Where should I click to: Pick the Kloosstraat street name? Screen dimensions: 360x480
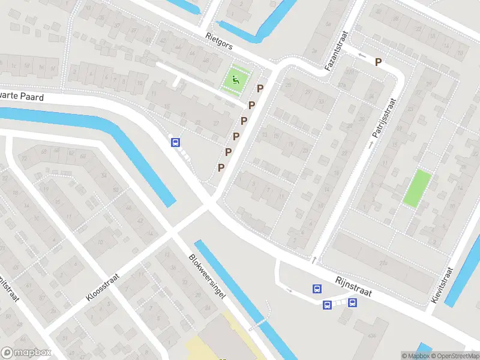click(x=103, y=287)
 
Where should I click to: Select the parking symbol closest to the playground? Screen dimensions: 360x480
click(x=260, y=89)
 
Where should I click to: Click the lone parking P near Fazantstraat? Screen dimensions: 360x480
click(x=378, y=62)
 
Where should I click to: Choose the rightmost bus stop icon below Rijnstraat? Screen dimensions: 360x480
click(x=352, y=302)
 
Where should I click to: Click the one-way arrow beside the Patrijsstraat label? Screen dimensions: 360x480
click(x=371, y=144)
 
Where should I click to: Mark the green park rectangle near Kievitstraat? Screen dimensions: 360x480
click(x=417, y=188)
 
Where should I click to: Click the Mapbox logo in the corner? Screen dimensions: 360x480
click(x=26, y=353)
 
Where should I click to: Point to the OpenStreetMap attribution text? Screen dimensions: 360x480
click(x=450, y=356)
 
